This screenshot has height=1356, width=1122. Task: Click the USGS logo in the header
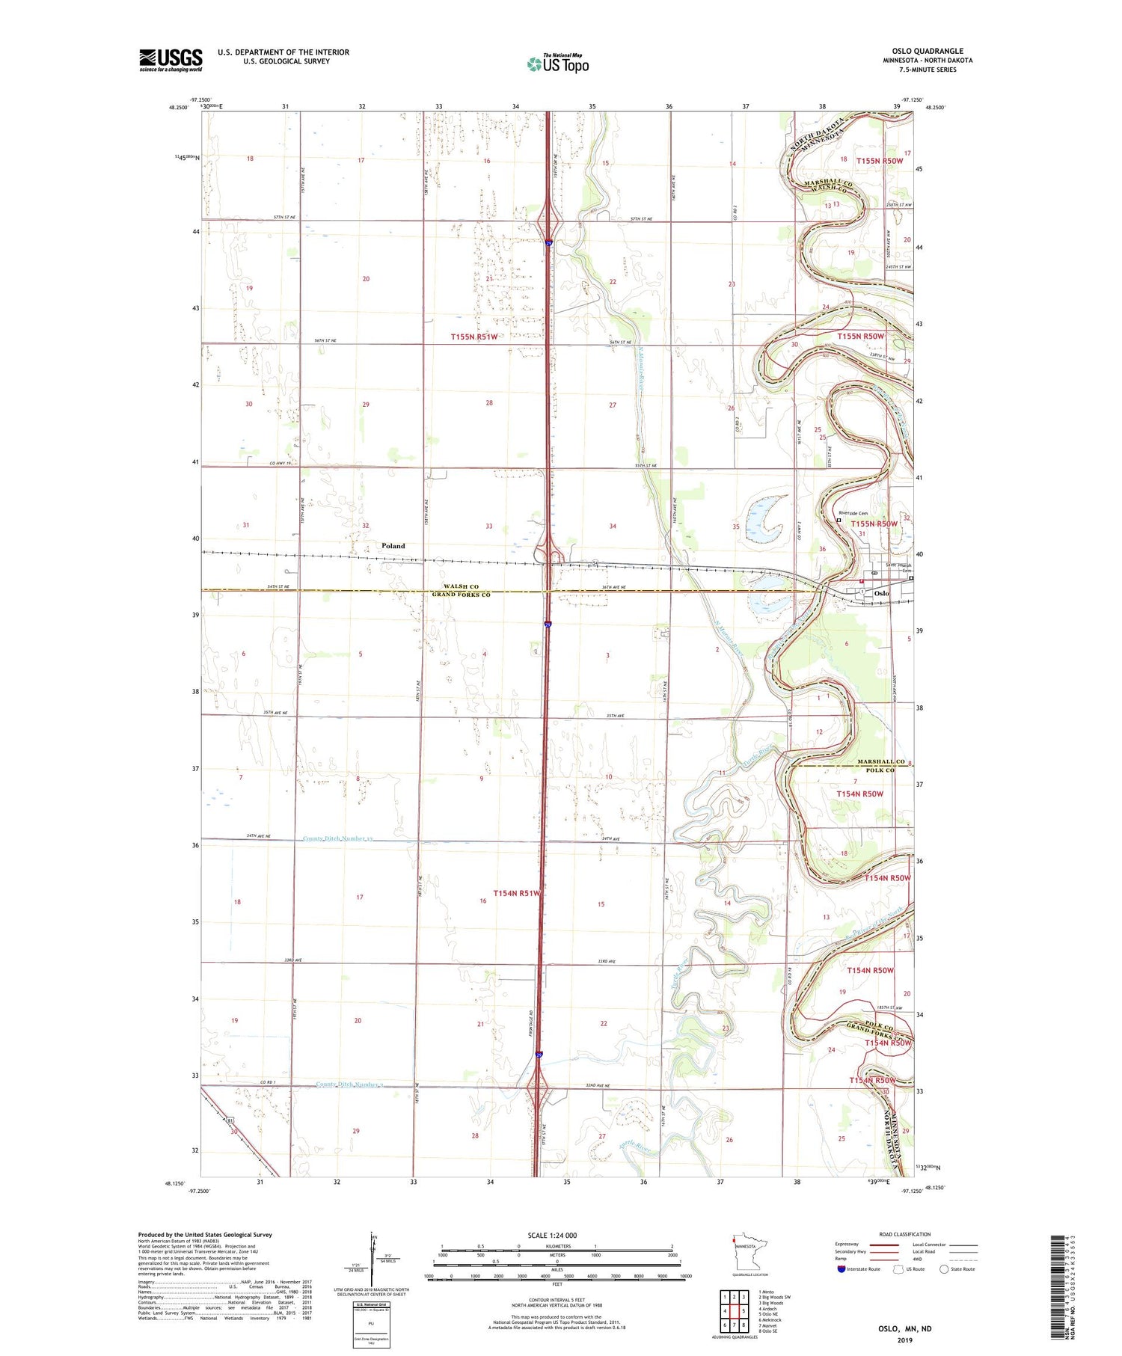coord(171,60)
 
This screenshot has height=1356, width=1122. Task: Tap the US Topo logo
coord(558,64)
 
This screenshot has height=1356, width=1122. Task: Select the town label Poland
coord(393,546)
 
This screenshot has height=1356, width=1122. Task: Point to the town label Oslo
coord(882,593)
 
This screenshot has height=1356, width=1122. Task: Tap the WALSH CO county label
coord(460,586)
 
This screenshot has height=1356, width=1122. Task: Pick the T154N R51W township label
coord(517,893)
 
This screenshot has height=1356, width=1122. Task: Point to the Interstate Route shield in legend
coord(841,1269)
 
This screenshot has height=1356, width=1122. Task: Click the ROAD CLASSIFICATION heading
coord(904,1234)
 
